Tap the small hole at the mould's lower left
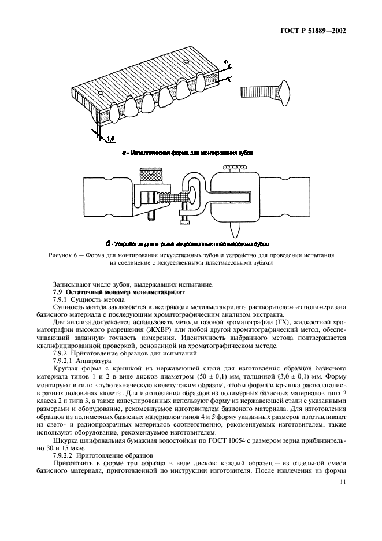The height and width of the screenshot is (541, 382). (101, 94)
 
